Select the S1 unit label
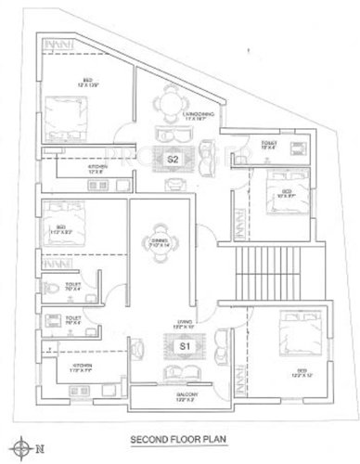[185, 345]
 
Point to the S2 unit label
[174, 160]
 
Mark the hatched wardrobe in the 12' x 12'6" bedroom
[58, 43]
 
